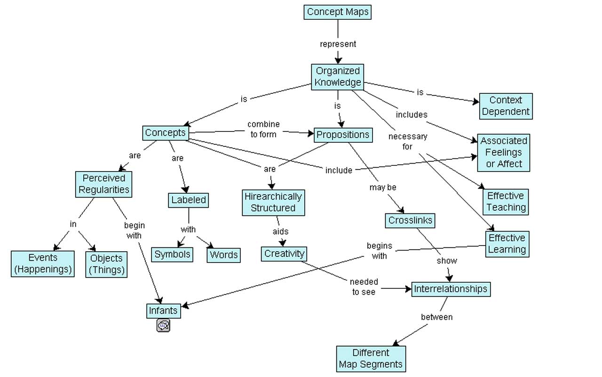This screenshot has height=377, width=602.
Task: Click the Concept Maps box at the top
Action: (x=337, y=12)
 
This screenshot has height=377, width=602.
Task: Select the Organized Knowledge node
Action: (x=338, y=77)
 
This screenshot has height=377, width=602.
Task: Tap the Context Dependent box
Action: (x=506, y=106)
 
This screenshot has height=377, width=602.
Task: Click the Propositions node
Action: (x=343, y=135)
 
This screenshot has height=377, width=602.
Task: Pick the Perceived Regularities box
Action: (x=103, y=184)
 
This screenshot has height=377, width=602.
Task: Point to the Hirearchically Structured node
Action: (x=273, y=202)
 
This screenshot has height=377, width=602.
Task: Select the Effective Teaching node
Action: (x=506, y=202)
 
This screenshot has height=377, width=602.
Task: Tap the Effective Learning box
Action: (x=507, y=244)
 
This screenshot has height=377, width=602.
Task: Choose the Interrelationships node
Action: (x=451, y=289)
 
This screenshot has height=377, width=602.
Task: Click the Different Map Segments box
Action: (x=371, y=359)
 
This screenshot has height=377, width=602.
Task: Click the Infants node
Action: (x=163, y=311)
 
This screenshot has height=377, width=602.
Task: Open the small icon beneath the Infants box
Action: (x=163, y=325)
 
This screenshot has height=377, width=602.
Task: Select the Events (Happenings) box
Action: (x=43, y=263)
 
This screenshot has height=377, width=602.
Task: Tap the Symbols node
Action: (x=172, y=254)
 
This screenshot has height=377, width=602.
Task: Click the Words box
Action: (x=223, y=255)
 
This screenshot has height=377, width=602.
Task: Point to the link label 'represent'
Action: (x=338, y=44)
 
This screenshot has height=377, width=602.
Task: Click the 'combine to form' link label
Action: (x=263, y=129)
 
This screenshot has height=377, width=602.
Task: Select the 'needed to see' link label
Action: (x=364, y=287)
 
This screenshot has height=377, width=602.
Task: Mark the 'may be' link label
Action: (x=382, y=188)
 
